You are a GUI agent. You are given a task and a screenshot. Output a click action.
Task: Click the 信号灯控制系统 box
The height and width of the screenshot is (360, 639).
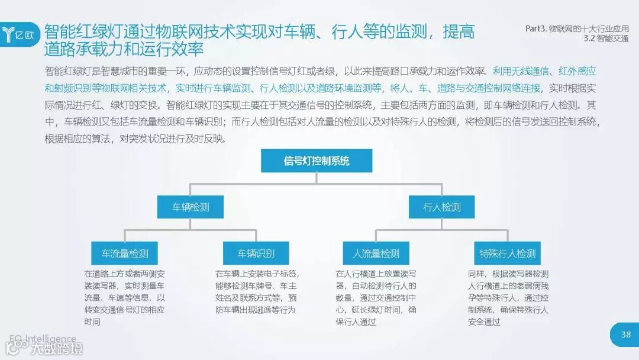pos(317,161)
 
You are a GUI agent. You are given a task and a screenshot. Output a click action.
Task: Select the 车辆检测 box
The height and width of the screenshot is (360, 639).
pos(191,207)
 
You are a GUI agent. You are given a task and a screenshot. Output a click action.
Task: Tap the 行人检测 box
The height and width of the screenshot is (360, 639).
pos(441,207)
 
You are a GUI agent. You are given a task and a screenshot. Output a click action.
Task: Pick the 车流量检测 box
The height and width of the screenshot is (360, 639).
pos(125,253)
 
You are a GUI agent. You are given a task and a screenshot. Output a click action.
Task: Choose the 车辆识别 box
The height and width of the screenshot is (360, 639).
pos(256,253)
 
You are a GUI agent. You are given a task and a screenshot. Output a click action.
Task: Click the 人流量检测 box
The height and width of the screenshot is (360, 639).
pos(376,253)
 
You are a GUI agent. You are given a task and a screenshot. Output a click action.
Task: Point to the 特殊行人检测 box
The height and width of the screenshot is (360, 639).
pos(507,253)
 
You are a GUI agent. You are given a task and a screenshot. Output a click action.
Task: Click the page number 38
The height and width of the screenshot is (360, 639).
pos(625,335)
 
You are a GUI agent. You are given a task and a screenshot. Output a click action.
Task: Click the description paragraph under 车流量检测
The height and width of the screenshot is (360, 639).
pos(125,298)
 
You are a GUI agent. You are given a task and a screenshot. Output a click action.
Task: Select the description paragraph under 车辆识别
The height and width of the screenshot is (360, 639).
pos(257,292)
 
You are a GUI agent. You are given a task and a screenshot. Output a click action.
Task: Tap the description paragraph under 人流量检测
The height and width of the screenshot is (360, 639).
pos(376,298)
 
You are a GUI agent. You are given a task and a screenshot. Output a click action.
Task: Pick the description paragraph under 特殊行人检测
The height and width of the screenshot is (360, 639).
pos(508,298)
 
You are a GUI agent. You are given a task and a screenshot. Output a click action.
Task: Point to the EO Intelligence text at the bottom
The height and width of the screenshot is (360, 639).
pos(43,339)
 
